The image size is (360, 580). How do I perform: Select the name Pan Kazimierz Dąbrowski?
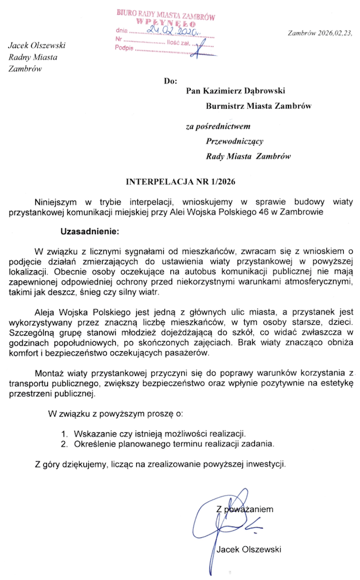click(236, 91)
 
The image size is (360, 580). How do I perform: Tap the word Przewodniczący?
click(235, 142)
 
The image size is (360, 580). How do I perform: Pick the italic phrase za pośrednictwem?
click(217, 127)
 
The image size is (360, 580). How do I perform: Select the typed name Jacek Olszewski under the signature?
click(248, 549)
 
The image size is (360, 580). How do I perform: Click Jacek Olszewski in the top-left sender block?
click(37, 45)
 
